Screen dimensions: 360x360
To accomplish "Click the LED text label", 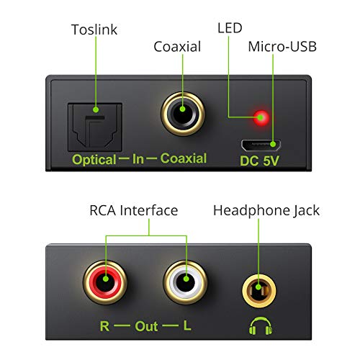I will [x=231, y=28].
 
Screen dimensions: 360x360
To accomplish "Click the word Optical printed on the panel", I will [x=94, y=159].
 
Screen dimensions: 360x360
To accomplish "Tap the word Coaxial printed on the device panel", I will [x=183, y=159].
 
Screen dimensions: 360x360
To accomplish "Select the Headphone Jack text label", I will [x=266, y=211].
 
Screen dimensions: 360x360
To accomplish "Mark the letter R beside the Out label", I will [x=104, y=325].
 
